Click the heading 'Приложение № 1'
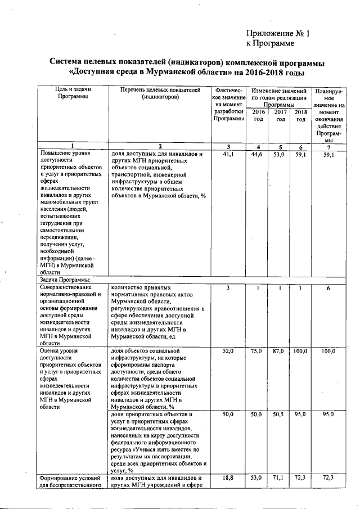[278, 33]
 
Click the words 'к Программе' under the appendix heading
[271, 43]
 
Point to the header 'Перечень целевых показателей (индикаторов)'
[160, 93]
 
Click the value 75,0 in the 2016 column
[258, 351]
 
